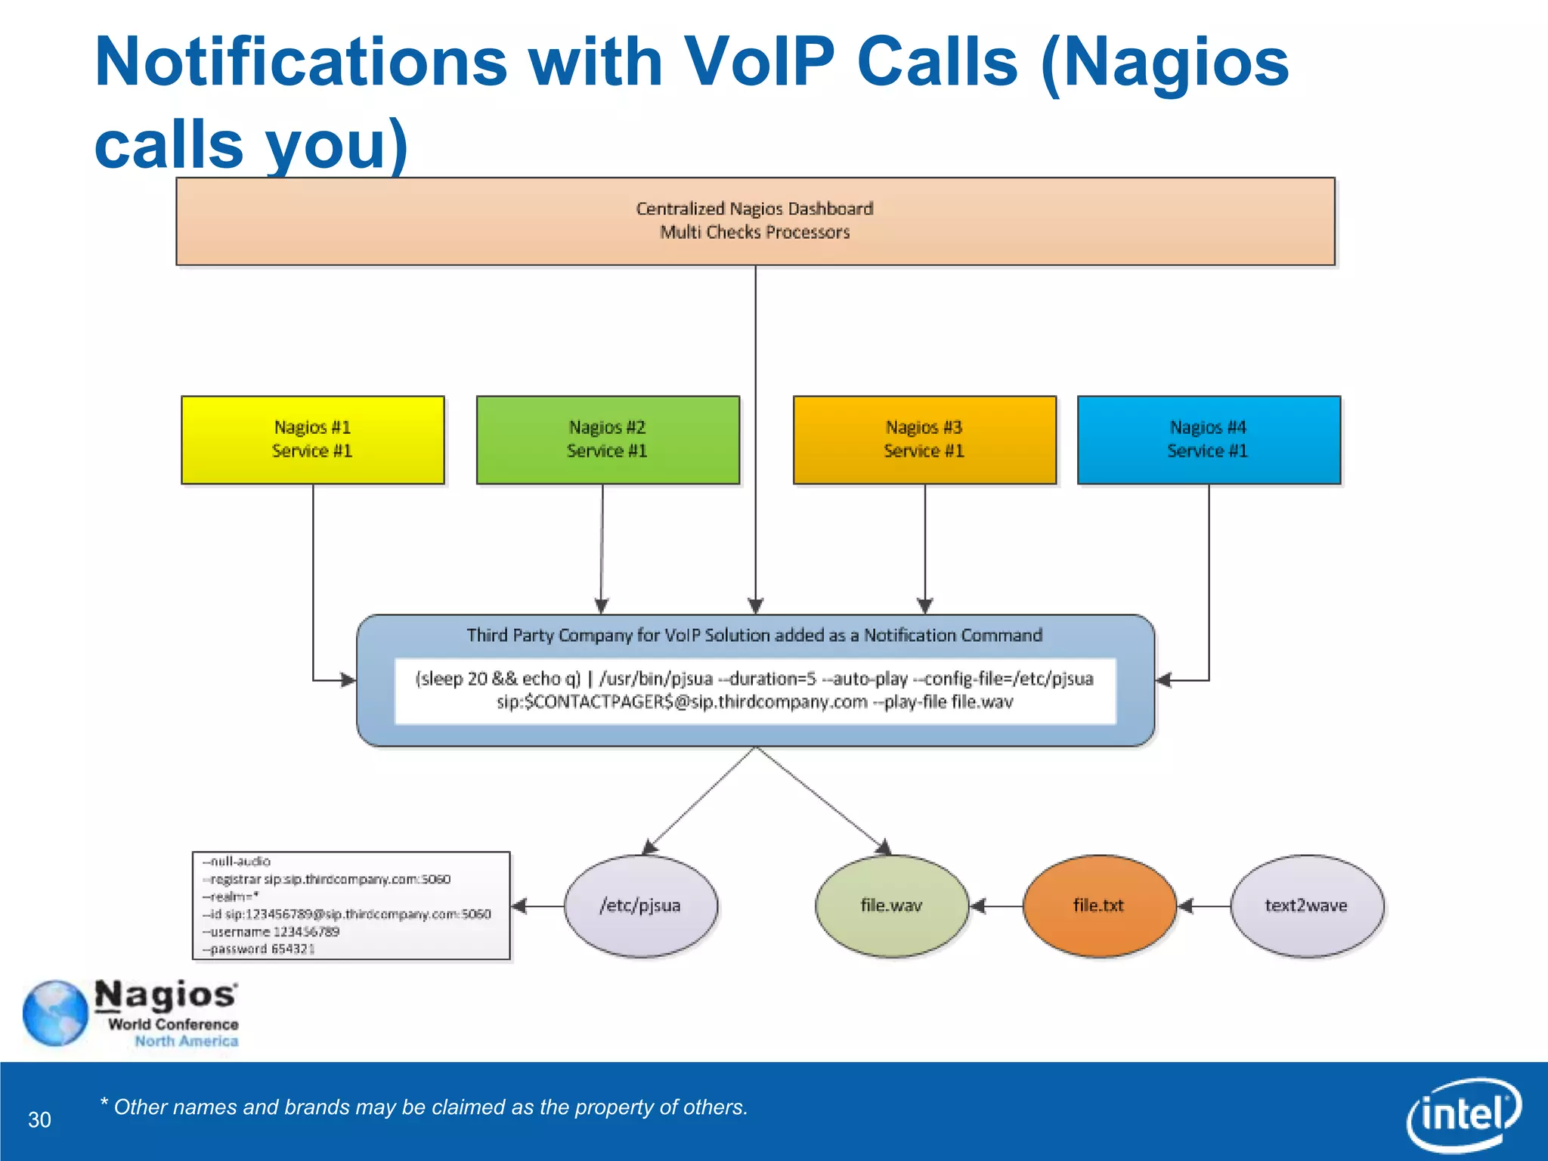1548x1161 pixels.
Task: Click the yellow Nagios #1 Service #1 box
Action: [312, 440]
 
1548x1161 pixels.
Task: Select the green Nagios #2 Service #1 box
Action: [608, 440]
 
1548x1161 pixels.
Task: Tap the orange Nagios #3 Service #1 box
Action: [924, 440]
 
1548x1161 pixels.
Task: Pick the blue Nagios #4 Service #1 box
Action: [1208, 440]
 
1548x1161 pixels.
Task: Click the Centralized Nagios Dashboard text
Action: [754, 209]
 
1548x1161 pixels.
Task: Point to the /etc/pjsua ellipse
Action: [640, 906]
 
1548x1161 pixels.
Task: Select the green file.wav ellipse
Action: [891, 906]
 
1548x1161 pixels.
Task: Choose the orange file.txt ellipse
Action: [1098, 906]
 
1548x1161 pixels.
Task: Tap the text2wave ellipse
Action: [1306, 906]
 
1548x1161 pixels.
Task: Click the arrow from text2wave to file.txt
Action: [1203, 906]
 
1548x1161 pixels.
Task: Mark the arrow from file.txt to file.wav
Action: [995, 906]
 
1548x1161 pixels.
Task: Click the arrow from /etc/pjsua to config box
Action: [537, 906]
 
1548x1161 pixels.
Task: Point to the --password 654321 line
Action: [259, 949]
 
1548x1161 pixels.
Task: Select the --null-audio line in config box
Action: [237, 862]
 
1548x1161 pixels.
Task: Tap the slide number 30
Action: [39, 1119]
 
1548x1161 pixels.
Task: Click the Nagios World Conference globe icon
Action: [55, 1013]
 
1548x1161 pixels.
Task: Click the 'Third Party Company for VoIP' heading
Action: [754, 635]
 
